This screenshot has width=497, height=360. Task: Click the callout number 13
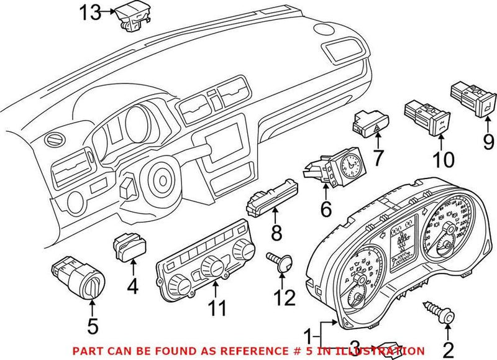point(90,12)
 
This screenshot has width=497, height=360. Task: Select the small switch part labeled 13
point(131,16)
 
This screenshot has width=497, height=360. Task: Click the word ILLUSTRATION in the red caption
point(386,351)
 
